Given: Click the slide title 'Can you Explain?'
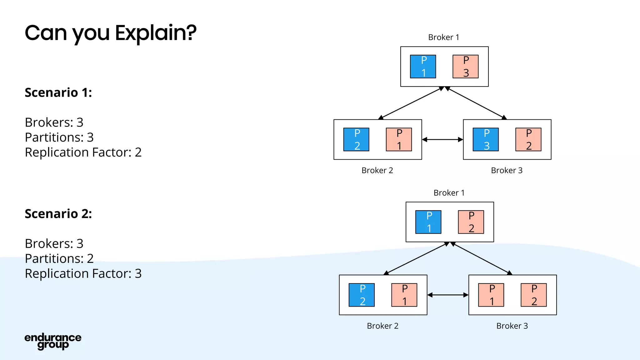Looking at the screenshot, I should click(x=110, y=33).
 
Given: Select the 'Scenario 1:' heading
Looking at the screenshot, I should click(x=58, y=93).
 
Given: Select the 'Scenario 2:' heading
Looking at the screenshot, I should click(x=58, y=214).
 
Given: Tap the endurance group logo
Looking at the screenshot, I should click(x=53, y=341).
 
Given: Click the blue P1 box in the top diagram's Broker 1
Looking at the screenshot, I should click(x=423, y=67).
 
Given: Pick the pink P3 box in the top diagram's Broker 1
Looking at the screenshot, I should click(x=465, y=67).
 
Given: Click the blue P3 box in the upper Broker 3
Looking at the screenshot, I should click(x=486, y=139).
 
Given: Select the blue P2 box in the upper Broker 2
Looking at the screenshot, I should click(x=356, y=139).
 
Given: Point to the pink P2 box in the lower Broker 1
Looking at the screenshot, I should click(x=471, y=222).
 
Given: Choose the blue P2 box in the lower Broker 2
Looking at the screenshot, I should click(x=362, y=295).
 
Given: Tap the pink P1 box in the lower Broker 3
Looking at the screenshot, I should click(x=491, y=295).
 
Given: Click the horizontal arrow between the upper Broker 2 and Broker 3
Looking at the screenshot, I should click(x=442, y=140).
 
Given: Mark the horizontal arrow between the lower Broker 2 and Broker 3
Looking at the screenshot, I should click(x=448, y=295).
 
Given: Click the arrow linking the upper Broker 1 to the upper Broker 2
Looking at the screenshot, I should click(x=411, y=103).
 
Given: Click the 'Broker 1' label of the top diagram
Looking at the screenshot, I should click(x=443, y=37).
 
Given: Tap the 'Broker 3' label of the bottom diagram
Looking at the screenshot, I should click(x=512, y=326).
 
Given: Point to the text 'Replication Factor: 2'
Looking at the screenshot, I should click(x=83, y=152).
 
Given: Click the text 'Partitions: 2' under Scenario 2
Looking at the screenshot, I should click(x=59, y=259).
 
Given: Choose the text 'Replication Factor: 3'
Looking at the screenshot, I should click(x=83, y=274).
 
